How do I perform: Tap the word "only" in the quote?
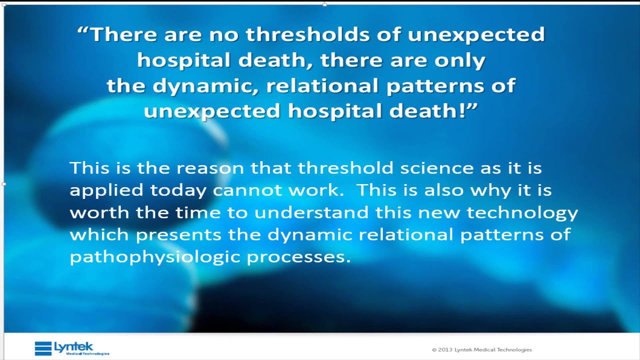461,60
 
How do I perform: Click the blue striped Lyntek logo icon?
43,348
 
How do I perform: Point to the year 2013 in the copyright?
445,350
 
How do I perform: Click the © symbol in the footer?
434,350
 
